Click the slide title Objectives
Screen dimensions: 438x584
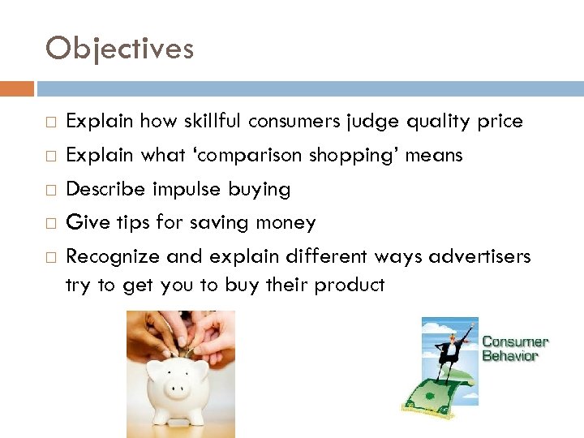pyautogui.click(x=119, y=49)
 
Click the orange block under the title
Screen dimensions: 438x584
pyautogui.click(x=17, y=88)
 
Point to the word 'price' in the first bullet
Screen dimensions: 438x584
pyautogui.click(x=500, y=122)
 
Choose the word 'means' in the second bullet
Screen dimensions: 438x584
pyautogui.click(x=436, y=155)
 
